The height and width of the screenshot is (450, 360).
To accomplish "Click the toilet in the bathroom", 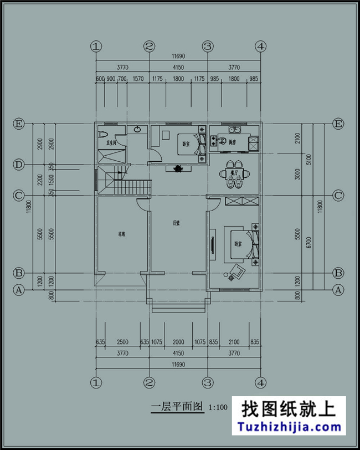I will pyautogui.click(x=104, y=134).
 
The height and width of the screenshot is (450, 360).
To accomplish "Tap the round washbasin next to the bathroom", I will pyautogui.click(x=137, y=130).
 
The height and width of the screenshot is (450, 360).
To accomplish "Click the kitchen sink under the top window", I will pyautogui.click(x=231, y=131).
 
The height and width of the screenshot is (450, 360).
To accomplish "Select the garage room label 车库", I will pyautogui.click(x=121, y=234).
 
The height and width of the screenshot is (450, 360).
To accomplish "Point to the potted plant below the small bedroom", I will pyautogui.click(x=178, y=170).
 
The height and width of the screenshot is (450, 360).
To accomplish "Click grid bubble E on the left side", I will pyautogui.click(x=19, y=124).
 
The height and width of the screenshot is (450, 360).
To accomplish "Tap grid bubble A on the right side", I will pyautogui.click(x=338, y=289).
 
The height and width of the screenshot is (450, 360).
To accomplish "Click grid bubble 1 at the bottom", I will pyautogui.click(x=96, y=382).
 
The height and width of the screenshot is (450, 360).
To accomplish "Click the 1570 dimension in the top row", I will pyautogui.click(x=138, y=79).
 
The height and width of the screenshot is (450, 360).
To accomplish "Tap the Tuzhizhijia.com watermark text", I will pyautogui.click(x=289, y=427).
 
